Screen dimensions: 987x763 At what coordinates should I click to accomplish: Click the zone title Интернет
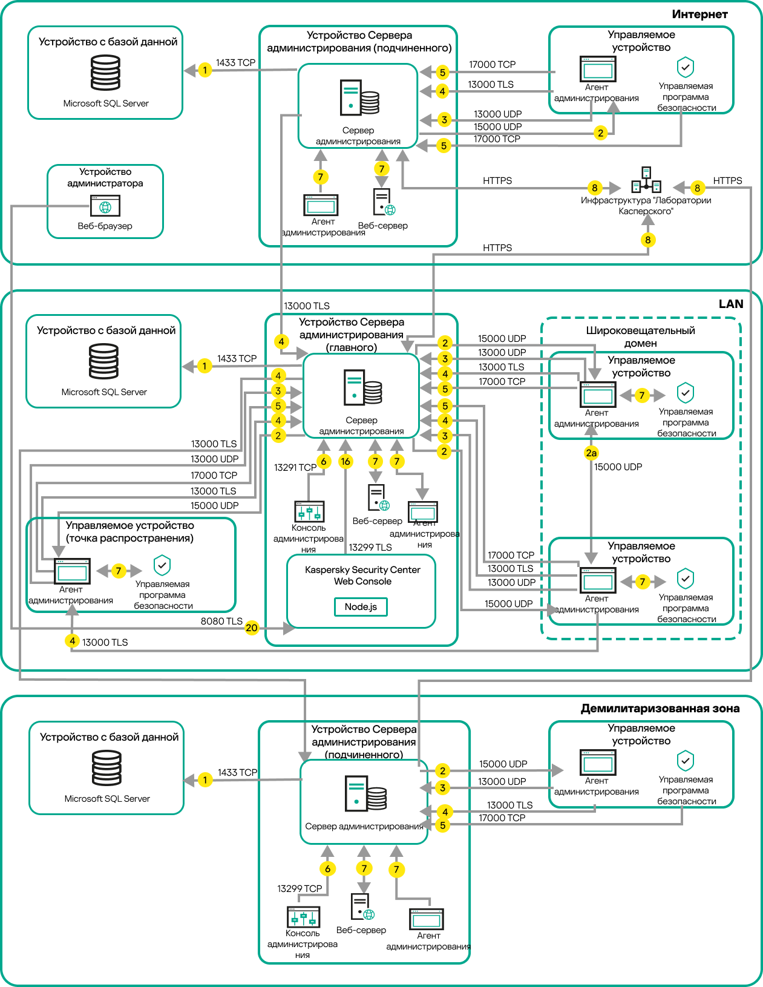[699, 14]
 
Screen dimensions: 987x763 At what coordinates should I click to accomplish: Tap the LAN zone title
[730, 304]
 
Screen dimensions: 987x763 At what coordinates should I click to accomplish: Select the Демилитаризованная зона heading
[660, 708]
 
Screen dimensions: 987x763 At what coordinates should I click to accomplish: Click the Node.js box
[361, 607]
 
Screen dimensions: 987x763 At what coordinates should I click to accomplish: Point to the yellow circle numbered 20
[252, 628]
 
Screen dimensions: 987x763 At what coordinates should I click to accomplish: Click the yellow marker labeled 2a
[591, 453]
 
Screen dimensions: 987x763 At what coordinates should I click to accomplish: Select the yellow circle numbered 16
[345, 461]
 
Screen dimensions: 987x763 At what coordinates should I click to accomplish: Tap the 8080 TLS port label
[221, 621]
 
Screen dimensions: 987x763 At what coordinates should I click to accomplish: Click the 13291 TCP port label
[295, 467]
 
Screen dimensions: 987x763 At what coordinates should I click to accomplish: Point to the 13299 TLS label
[370, 547]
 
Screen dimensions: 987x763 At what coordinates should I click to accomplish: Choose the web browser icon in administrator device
[105, 206]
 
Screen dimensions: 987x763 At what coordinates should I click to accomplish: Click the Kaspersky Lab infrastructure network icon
[646, 180]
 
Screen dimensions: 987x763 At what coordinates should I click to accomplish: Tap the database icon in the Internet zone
[106, 73]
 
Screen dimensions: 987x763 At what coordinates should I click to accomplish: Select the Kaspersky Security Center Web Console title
[362, 575]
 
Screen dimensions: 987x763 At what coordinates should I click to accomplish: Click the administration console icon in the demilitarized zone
[303, 917]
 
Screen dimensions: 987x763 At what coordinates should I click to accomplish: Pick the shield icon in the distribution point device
[162, 565]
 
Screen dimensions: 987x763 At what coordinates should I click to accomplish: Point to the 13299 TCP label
[300, 888]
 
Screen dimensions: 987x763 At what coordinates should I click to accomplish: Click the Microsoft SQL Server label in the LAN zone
[104, 392]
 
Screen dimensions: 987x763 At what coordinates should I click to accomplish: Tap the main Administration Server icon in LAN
[363, 388]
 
